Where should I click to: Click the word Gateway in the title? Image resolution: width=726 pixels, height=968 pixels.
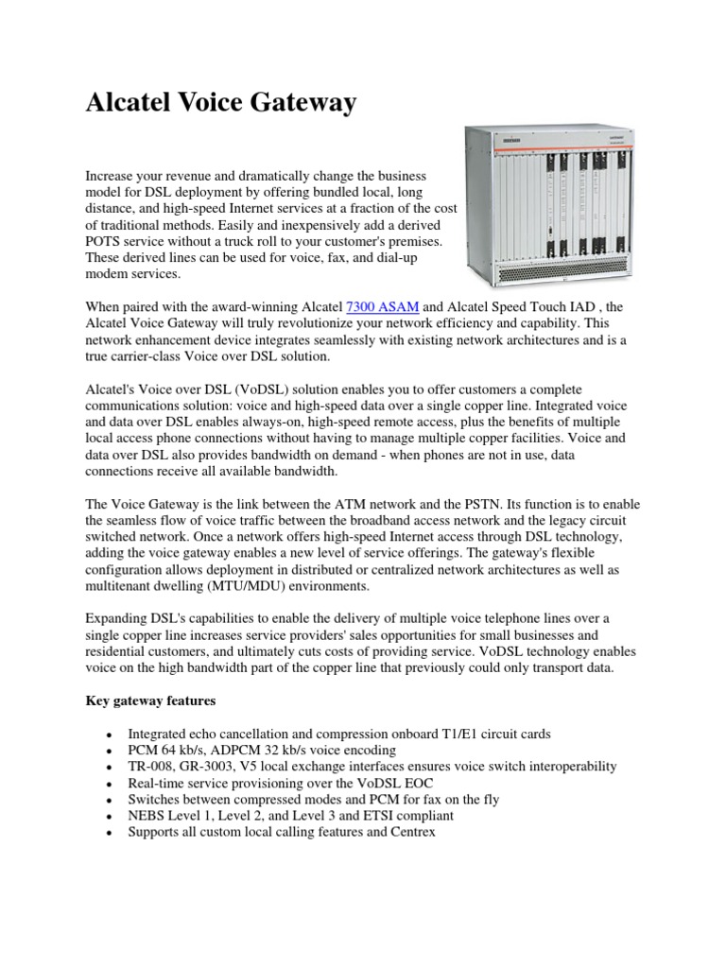302,104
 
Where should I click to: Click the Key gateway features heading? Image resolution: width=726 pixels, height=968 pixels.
150,700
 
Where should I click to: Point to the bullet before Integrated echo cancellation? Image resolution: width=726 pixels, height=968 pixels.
112,734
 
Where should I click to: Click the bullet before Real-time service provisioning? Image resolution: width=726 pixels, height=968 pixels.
112,783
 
